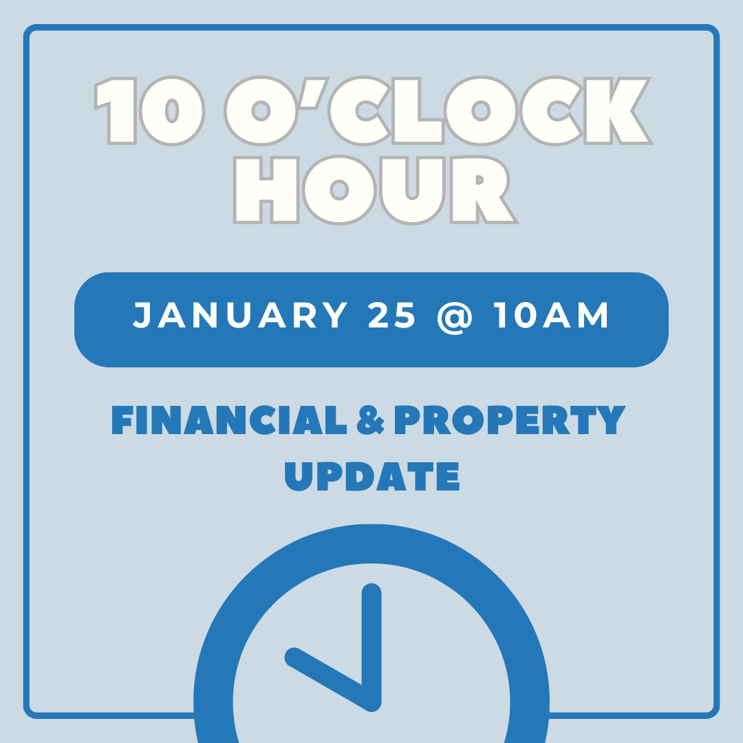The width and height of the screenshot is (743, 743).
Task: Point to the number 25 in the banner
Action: (392, 316)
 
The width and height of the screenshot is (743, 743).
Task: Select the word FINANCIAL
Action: (229, 420)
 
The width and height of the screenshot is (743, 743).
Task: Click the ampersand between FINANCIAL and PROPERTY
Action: (370, 421)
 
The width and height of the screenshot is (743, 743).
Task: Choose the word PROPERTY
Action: (510, 420)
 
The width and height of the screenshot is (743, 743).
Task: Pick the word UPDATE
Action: (371, 475)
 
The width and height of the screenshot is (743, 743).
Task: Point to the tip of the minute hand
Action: (371, 592)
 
